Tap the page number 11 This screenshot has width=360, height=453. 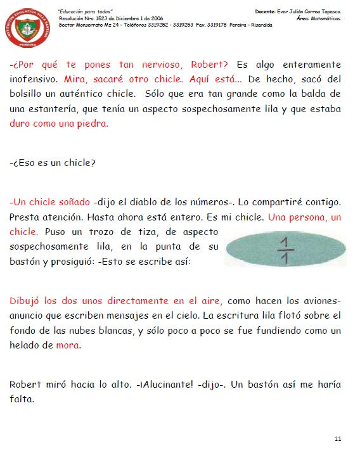(338, 438)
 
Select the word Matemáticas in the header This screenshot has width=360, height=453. (325, 19)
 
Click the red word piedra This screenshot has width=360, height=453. (93, 124)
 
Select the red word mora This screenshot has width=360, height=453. (68, 346)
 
